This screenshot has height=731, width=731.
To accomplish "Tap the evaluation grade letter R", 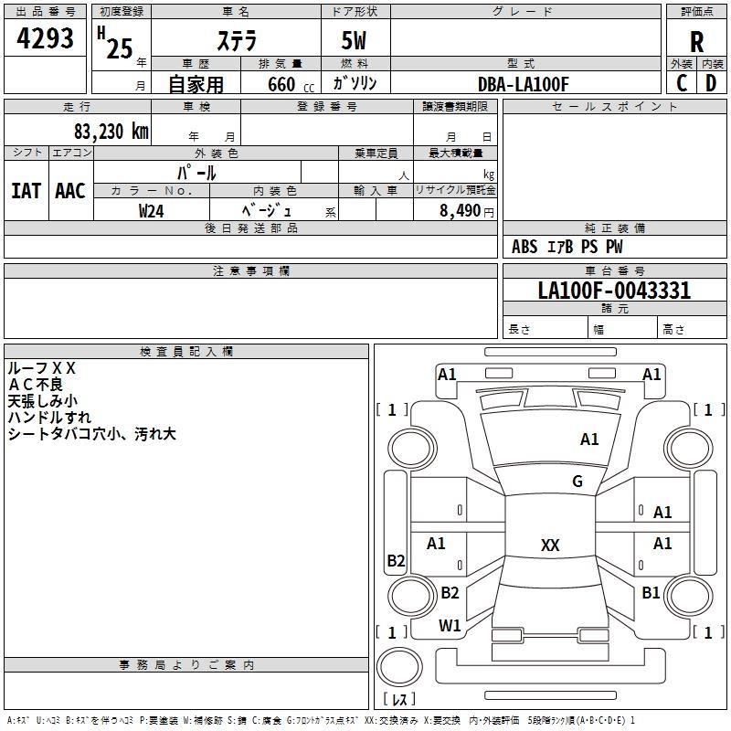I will pos(697,42).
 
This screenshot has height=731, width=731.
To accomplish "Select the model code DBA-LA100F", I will pos(524,84).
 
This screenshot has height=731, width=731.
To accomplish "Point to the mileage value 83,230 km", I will pos(111,132).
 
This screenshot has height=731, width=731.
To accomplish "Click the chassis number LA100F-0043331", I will pos(614,291).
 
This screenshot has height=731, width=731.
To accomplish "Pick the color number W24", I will pos(152,210).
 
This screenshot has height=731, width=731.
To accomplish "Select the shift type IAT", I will pos(26,190).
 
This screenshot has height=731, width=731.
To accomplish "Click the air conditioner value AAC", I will pos(70,190).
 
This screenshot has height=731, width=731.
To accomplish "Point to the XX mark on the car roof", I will pos(550,546).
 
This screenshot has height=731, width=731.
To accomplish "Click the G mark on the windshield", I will pos(577,482).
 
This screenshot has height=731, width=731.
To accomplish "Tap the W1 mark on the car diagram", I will pos(450,626).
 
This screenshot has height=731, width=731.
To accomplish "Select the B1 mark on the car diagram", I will pos(651,593).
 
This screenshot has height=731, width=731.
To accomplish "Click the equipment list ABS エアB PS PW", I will pos(567,247).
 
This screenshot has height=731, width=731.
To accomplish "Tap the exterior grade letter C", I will pos(682,83).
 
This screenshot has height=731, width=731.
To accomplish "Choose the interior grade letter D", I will pos(711,83).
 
